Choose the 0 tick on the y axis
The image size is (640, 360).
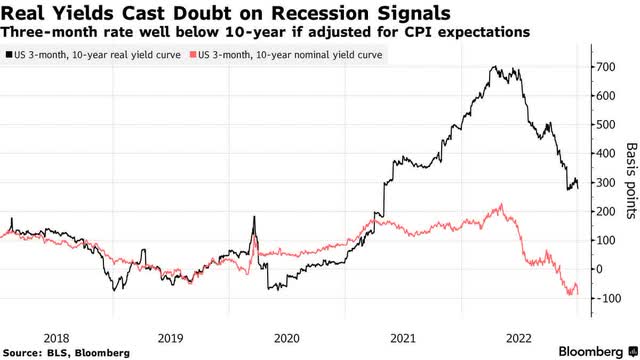[600, 269]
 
